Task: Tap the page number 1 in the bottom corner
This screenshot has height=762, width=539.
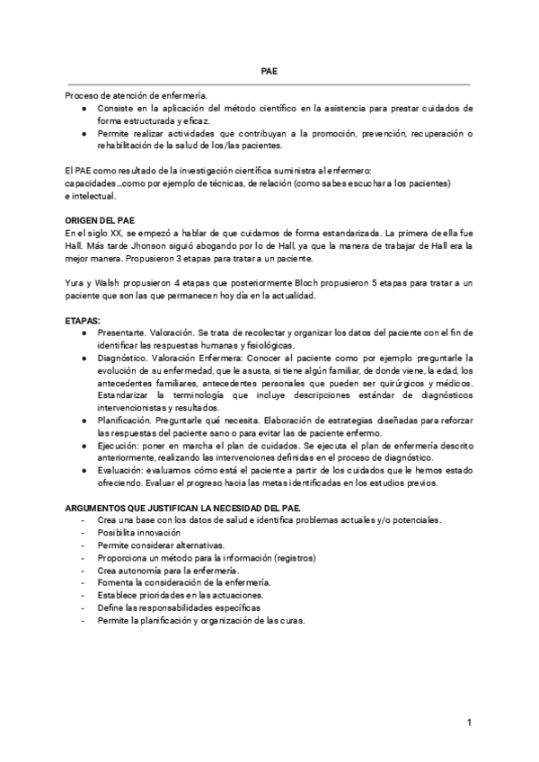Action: click(470, 723)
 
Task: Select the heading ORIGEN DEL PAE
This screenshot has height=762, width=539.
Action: click(101, 219)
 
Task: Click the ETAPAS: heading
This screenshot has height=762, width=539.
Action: click(84, 320)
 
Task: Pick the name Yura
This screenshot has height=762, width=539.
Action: click(75, 283)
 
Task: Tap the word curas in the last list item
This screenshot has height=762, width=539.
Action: click(291, 621)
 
